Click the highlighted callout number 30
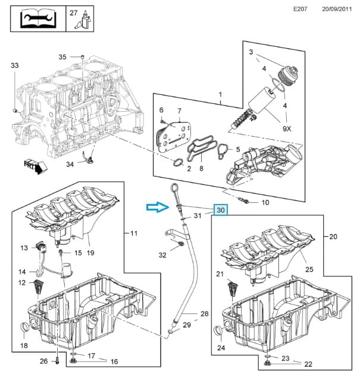[221, 210]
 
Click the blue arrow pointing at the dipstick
[157, 207]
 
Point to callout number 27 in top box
[73, 12]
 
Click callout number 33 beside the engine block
[15, 65]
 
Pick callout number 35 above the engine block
[62, 57]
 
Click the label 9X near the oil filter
[286, 128]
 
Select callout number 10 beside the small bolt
[265, 203]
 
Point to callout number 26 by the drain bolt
[43, 360]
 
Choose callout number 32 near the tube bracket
[162, 255]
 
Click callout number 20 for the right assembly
[333, 236]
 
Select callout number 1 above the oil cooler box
[220, 95]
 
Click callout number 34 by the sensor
[70, 164]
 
